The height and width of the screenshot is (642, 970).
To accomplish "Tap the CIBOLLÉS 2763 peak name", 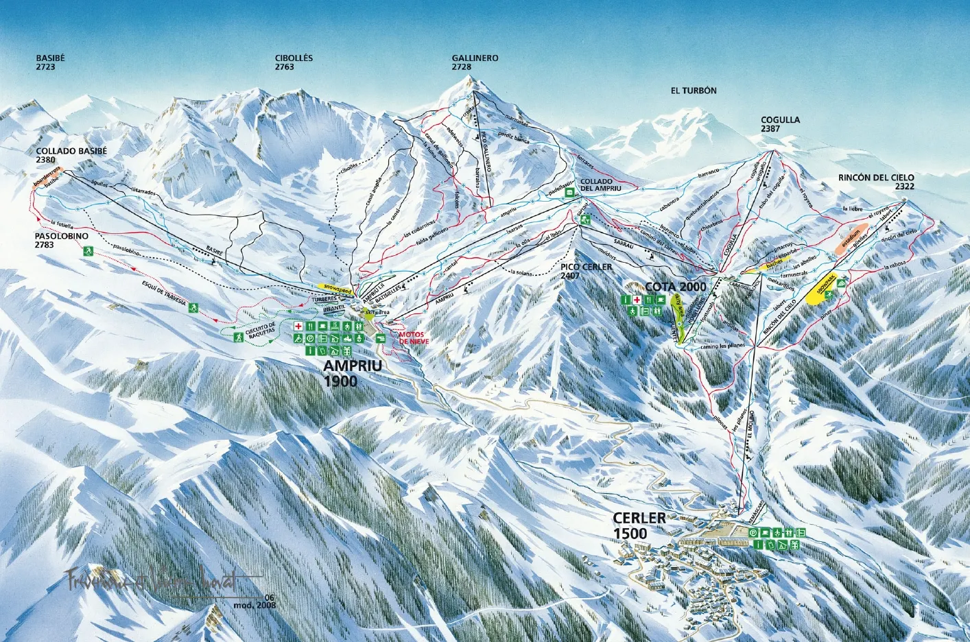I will tap(294, 62).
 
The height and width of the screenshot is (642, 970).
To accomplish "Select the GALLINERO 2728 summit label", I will tap(475, 62).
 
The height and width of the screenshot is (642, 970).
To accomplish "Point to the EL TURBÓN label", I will tap(694, 91).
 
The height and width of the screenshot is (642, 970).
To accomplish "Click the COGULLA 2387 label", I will tap(780, 124).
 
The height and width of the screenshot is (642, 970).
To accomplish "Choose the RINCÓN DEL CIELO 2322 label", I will tap(876, 182).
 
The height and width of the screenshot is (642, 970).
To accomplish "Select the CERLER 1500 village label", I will tap(639, 525).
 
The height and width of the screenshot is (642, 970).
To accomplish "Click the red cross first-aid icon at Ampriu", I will tap(299, 326).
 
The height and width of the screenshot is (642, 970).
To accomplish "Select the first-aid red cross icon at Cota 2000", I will tap(637, 300).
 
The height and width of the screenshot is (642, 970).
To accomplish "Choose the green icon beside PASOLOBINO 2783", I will tap(88, 252).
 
